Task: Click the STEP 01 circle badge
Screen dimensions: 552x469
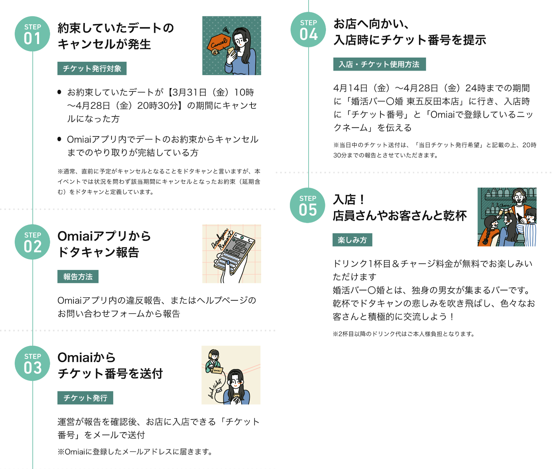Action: click(32, 34)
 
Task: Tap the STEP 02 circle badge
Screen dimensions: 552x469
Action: click(32, 242)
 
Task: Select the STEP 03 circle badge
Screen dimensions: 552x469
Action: click(32, 363)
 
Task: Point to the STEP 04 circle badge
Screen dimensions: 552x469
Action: click(308, 29)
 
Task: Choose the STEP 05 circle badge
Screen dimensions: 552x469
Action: click(308, 205)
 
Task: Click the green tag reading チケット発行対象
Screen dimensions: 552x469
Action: click(92, 68)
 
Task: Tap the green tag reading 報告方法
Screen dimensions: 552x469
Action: click(78, 277)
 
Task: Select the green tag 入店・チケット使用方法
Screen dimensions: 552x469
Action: click(379, 64)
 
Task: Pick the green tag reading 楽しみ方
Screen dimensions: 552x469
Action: click(352, 240)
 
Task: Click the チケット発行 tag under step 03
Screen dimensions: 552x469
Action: click(85, 398)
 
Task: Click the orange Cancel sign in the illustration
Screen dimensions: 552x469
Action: click(219, 44)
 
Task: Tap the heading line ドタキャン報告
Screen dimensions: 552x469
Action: click(98, 252)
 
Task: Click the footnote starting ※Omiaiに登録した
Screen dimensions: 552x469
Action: click(135, 452)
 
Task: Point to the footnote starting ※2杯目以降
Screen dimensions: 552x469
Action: click(404, 334)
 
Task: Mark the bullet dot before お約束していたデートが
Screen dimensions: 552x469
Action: click(60, 92)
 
